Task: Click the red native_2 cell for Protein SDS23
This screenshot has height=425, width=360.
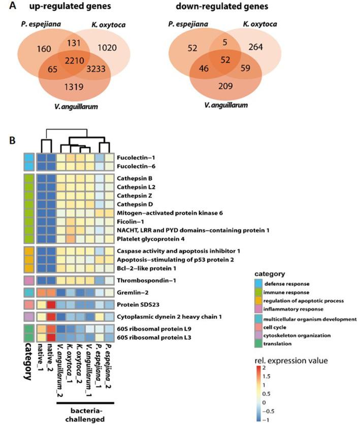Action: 51,305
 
